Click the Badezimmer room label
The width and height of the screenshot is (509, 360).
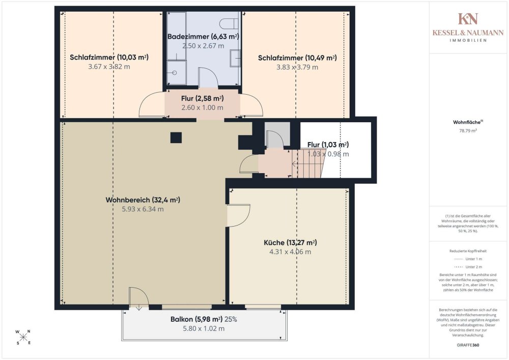203,37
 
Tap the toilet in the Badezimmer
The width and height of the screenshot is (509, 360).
229,24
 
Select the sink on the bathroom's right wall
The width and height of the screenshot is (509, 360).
235,58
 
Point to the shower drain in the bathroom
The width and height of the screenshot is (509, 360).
174,73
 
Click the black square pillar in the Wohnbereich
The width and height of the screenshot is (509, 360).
176,137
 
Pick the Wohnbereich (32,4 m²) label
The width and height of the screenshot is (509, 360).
143,200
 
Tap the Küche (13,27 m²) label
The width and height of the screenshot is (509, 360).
290,242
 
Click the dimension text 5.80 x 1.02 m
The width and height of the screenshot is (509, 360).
204,328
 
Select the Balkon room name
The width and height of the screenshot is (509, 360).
182,319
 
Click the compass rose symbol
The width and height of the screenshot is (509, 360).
23,337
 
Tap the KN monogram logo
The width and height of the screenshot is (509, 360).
468,19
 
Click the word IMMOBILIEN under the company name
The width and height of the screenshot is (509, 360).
468,41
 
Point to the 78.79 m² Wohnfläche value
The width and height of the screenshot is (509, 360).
468,131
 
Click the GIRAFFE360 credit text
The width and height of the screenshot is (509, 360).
468,345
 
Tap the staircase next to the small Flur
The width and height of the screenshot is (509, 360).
308,163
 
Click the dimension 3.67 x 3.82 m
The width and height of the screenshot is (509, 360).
109,67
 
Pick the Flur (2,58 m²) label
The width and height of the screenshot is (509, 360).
202,98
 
